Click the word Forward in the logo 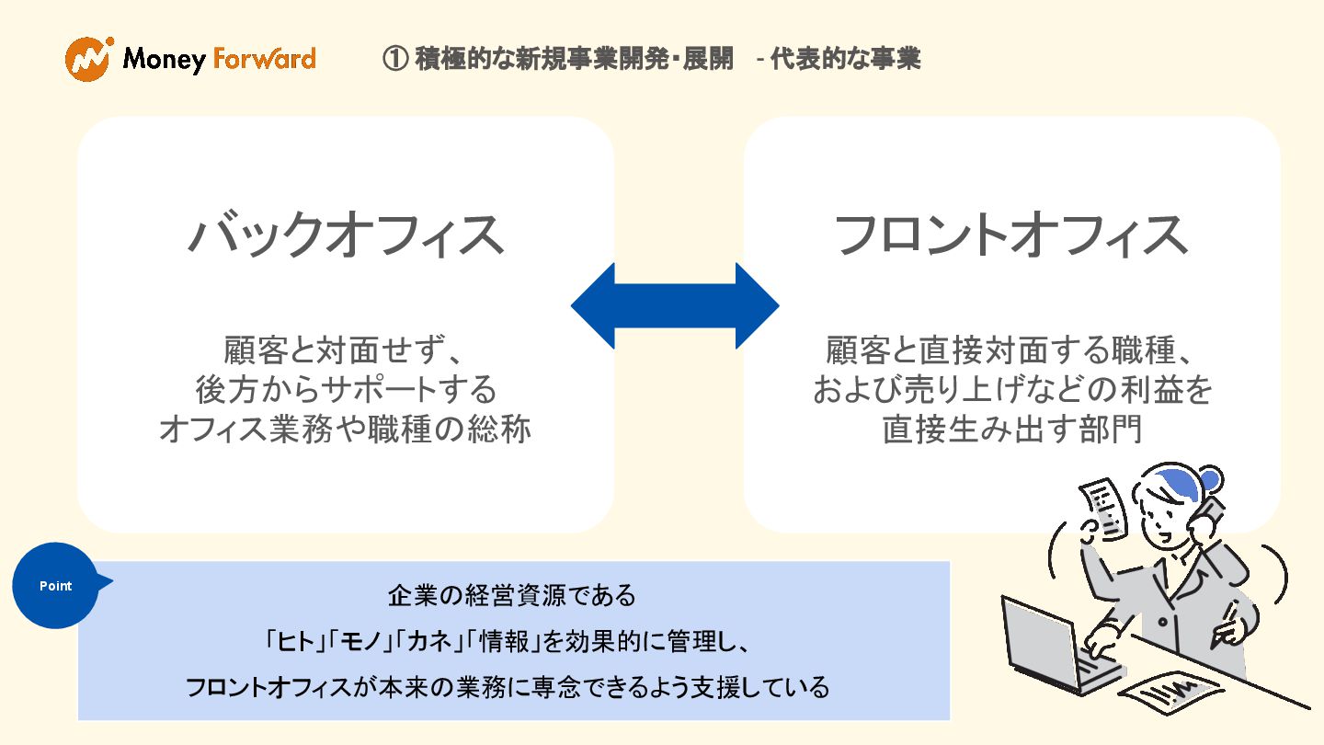pyautogui.click(x=264, y=60)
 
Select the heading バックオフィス pyautogui.click(x=346, y=235)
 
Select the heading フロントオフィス pyautogui.click(x=1010, y=235)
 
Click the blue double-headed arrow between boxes pyautogui.click(x=675, y=305)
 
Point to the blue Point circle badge pyautogui.click(x=56, y=586)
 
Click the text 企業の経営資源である pyautogui.click(x=512, y=595)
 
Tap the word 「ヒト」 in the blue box pyautogui.click(x=291, y=641)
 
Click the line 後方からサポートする pyautogui.click(x=346, y=390)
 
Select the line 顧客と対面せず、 pyautogui.click(x=346, y=350)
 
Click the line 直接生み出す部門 pyautogui.click(x=1011, y=430)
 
